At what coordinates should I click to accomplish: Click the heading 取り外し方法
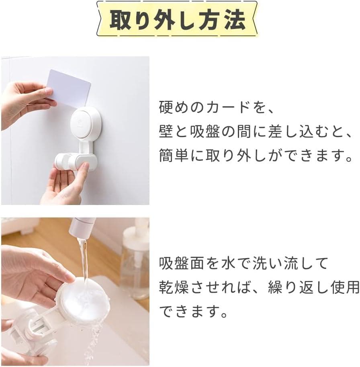click(x=178, y=20)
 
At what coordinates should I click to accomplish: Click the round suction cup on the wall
click(x=86, y=123)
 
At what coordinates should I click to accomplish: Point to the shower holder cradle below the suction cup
click(x=76, y=162)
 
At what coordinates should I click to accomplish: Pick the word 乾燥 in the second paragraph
click(x=174, y=287)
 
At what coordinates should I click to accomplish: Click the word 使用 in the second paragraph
click(x=345, y=287)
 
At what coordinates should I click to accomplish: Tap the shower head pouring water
click(x=82, y=227)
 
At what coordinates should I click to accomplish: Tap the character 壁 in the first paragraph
click(x=166, y=131)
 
